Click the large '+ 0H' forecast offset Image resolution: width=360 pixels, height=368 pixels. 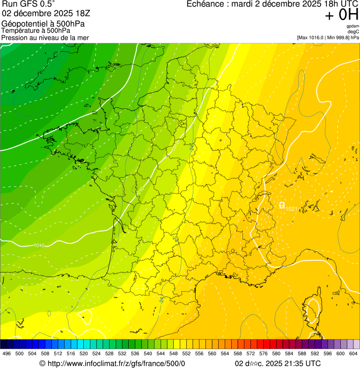tap(342, 15)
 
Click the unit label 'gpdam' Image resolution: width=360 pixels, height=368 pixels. tap(353, 26)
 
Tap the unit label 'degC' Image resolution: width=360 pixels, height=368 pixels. tap(353, 32)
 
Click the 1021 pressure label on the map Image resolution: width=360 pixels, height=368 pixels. tap(291, 208)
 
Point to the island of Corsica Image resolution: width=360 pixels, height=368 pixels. tap(310, 311)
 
